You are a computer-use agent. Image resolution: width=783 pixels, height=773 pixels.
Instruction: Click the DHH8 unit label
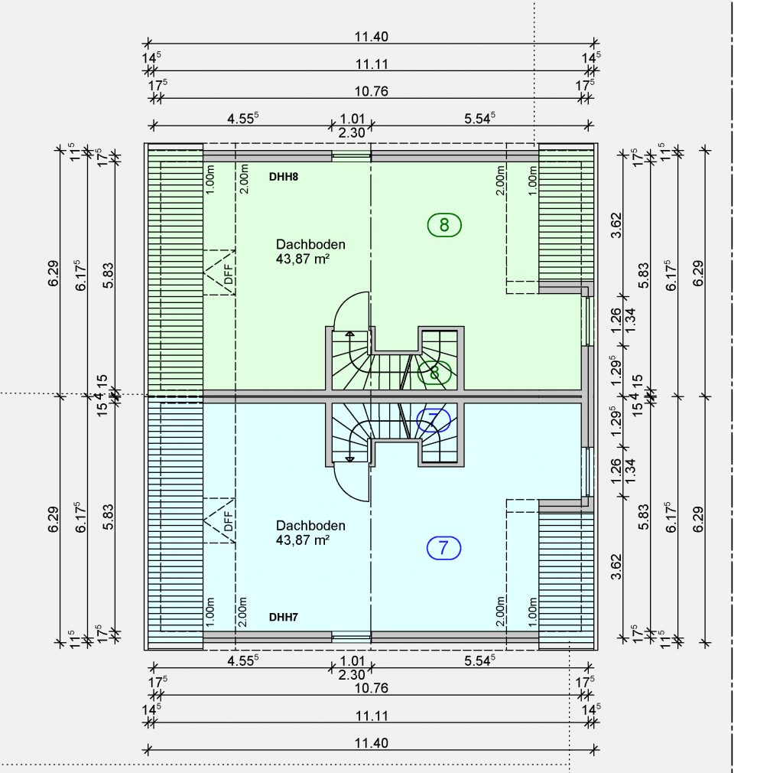[283, 177]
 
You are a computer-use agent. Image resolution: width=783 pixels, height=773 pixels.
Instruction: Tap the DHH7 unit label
[283, 617]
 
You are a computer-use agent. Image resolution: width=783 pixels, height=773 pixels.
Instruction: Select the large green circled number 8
[444, 225]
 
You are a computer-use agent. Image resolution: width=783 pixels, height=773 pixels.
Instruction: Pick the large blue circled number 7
[444, 548]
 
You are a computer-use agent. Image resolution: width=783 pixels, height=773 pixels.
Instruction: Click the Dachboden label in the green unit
[310, 244]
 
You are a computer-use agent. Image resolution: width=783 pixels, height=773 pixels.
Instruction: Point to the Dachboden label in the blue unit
[310, 526]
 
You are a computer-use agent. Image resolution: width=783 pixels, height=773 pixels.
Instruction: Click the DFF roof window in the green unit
[219, 272]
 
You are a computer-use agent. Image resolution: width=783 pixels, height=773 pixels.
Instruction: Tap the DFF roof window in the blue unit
[219, 520]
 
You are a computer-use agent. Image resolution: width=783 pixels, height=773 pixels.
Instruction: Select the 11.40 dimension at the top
[371, 37]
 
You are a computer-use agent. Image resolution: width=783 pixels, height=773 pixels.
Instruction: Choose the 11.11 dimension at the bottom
[372, 716]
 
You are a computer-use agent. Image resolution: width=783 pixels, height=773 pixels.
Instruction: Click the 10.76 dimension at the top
[371, 91]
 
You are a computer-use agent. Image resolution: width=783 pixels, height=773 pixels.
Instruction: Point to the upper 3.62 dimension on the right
[616, 225]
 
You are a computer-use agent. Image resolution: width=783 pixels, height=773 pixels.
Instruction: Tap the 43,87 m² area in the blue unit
[303, 540]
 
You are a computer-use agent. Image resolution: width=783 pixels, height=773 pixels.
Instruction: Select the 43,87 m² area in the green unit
[303, 259]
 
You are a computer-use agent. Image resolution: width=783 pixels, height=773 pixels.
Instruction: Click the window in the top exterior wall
[352, 156]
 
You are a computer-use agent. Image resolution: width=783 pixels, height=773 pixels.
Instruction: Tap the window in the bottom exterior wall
[352, 637]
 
